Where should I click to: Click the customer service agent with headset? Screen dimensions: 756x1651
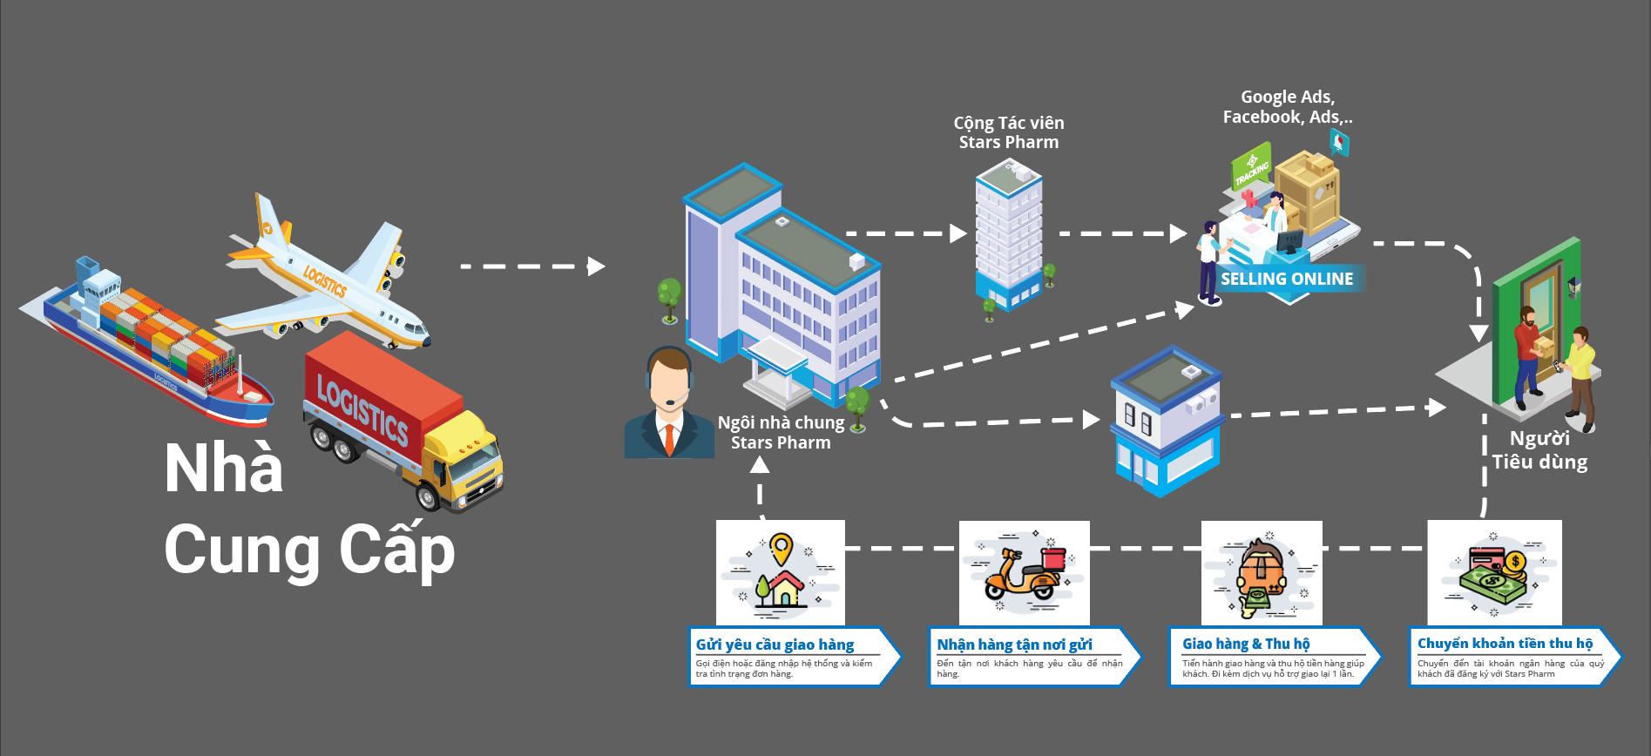click(x=669, y=405)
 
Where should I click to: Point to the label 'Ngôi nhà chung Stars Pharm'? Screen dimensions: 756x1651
click(x=781, y=433)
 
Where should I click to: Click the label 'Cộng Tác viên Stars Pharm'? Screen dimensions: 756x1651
click(x=1009, y=132)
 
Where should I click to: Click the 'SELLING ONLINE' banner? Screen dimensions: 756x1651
click(x=1287, y=280)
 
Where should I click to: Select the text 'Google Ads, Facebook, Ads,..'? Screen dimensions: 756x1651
click(x=1288, y=107)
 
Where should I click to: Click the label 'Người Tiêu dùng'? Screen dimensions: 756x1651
click(x=1539, y=450)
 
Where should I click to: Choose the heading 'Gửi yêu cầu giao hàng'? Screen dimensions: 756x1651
click(x=775, y=645)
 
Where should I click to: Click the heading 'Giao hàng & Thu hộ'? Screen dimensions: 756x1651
click(x=1246, y=645)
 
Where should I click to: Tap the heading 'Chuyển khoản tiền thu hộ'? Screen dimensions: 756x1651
click(x=1505, y=644)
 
